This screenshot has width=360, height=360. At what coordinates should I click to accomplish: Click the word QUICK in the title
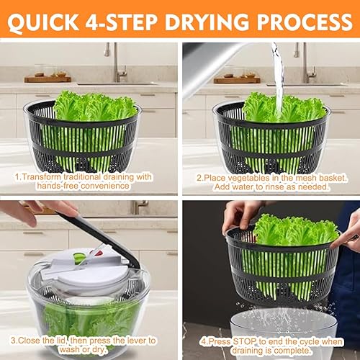tap(43, 22)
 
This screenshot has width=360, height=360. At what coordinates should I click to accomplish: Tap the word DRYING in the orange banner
tap(207, 22)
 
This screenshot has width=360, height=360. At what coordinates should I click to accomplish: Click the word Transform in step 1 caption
tap(41, 177)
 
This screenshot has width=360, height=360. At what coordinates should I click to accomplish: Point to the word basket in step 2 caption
tap(333, 178)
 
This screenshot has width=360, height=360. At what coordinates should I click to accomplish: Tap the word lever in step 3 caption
tap(130, 341)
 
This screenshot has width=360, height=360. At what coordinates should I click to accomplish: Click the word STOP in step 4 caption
tap(244, 341)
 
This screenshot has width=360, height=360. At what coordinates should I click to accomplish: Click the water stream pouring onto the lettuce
tap(279, 79)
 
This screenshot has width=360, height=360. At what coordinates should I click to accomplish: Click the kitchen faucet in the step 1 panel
tap(117, 62)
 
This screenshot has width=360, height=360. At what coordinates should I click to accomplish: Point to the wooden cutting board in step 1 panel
tap(48, 79)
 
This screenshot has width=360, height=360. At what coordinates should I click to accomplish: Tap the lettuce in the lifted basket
tap(296, 230)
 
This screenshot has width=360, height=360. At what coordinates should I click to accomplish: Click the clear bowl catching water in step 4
tap(284, 336)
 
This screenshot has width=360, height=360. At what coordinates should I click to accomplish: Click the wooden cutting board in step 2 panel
tap(237, 80)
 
